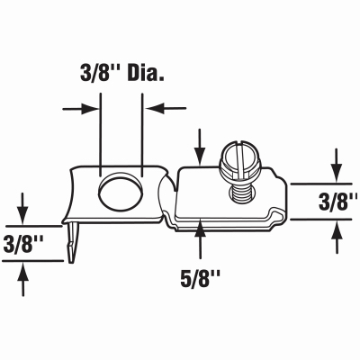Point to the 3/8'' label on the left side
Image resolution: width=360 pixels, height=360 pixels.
(x=23, y=241)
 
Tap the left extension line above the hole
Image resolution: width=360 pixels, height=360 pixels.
(x=101, y=135)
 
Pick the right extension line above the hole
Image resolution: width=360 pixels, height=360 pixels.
(x=143, y=135)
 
